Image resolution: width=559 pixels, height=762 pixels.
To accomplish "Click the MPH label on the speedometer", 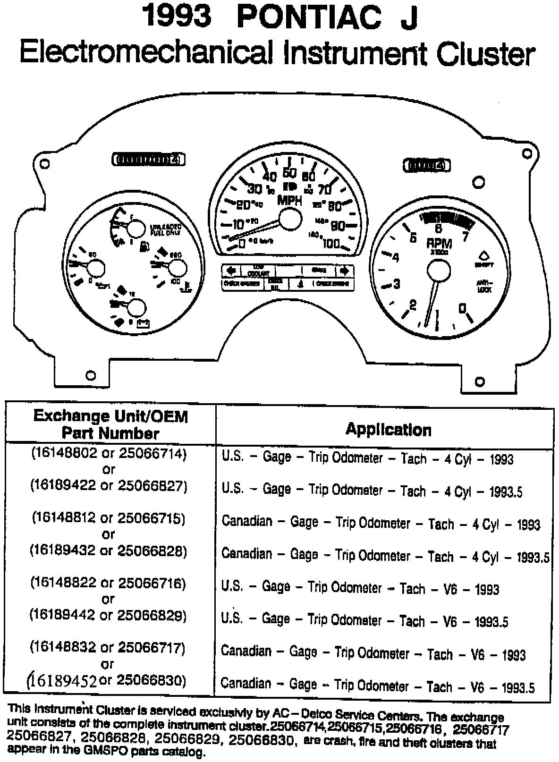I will [289, 200].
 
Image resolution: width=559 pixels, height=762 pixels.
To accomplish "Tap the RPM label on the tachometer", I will [439, 243].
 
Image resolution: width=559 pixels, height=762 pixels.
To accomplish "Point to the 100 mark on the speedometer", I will [332, 244].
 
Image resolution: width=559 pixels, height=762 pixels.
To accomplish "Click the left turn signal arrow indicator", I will [231, 271].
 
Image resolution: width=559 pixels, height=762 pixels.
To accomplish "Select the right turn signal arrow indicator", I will [344, 271].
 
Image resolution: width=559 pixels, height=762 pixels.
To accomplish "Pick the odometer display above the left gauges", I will [147, 160].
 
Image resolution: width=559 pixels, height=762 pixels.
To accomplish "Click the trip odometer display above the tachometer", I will [426, 165].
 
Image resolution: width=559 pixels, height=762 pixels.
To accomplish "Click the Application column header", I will [388, 430].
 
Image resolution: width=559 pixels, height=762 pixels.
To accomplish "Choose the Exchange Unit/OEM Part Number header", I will [110, 424].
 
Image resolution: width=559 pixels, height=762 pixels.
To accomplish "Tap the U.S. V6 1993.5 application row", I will [364, 620].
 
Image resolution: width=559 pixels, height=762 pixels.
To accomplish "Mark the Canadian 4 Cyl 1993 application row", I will [381, 523].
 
